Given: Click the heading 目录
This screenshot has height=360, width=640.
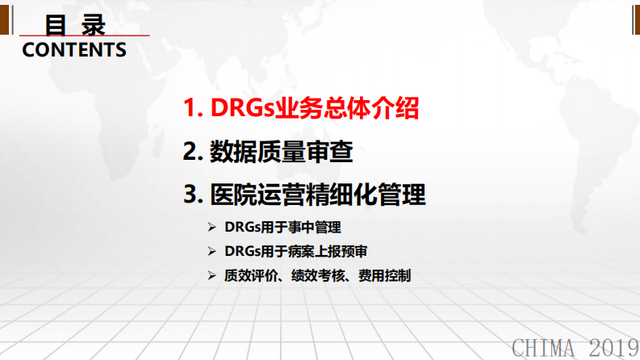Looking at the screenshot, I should pyautogui.click(x=75, y=24).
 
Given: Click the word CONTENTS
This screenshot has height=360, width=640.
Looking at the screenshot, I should pyautogui.click(x=74, y=50).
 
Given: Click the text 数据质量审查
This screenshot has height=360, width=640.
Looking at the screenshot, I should pyautogui.click(x=281, y=152).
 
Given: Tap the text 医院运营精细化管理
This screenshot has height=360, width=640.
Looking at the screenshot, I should pyautogui.click(x=317, y=195).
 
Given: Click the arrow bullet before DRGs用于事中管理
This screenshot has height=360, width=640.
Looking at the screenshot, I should pyautogui.click(x=211, y=228).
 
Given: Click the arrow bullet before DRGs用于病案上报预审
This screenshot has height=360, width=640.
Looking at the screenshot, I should pyautogui.click(x=211, y=252).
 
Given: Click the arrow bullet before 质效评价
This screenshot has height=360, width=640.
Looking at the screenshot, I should pyautogui.click(x=211, y=275).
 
